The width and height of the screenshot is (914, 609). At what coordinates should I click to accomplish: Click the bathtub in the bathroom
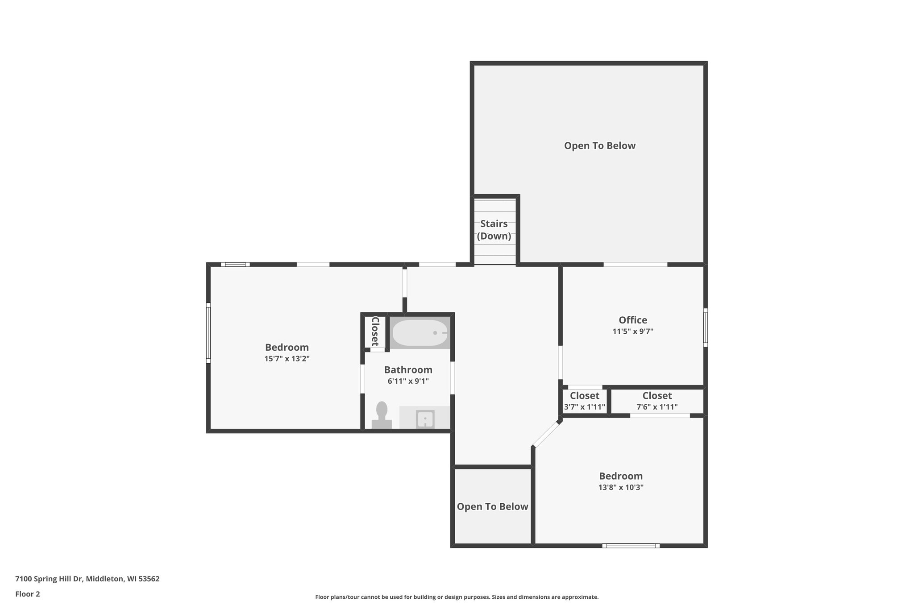coord(420,333)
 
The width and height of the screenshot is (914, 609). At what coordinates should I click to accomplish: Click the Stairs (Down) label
coord(494,230)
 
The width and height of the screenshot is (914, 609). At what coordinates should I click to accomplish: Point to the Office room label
coord(633,320)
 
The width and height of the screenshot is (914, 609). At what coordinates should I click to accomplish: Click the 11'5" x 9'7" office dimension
coord(633,331)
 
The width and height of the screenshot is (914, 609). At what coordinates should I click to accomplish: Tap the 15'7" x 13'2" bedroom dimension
coord(287,359)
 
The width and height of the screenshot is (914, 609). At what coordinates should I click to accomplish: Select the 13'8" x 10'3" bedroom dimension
coord(621,487)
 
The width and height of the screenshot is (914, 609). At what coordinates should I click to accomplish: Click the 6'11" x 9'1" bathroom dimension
coord(408,381)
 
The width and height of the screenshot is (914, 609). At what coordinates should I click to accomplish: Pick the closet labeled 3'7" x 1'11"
coord(585,401)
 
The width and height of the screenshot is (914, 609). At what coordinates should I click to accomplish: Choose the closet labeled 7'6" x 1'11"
coord(657,401)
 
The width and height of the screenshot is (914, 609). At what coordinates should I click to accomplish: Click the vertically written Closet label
coord(375,331)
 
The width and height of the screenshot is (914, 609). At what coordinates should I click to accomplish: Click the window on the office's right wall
coord(706,327)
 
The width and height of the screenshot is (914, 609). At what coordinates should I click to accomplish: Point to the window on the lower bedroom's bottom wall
coord(631,546)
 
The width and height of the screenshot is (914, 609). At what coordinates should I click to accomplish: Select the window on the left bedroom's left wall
coord(208,333)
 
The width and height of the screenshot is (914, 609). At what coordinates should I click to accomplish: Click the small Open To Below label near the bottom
coord(493,507)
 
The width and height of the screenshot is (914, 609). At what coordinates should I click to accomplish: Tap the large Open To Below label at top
coord(600,146)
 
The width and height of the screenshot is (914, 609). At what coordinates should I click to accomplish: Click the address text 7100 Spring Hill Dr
coord(49,579)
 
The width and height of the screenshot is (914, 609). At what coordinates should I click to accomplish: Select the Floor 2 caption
coord(28,594)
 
